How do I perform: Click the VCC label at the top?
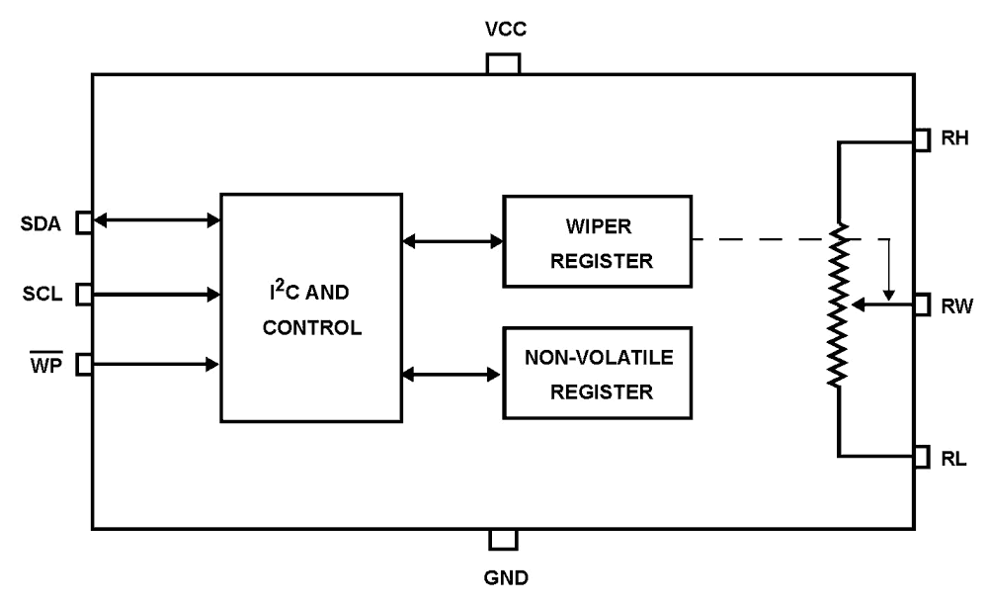coord(503,30)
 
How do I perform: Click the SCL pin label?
coord(43,295)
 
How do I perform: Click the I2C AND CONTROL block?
coord(311,307)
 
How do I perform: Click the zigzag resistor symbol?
coord(839,305)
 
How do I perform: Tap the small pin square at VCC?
coord(503,64)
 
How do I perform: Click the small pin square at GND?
coord(503,539)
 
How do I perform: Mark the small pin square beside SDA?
coord(85,222)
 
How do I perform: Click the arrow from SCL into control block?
coord(156,294)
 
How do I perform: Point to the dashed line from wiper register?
coord(761,239)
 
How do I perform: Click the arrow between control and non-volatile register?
coord(453,374)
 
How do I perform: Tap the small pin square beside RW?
coord(922,305)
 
